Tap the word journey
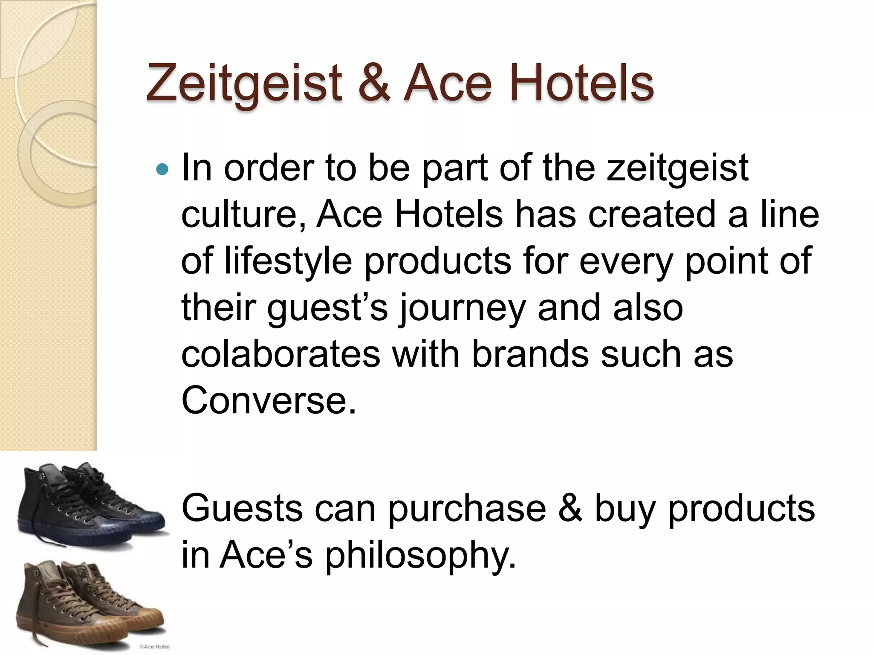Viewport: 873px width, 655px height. coord(462,308)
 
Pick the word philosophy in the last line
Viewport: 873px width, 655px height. coord(420,555)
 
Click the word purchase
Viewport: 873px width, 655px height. coord(467,509)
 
